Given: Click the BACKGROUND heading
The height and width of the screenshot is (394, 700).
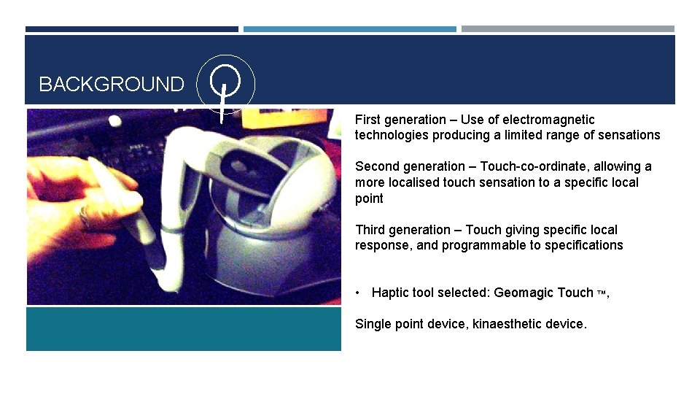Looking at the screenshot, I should click(x=111, y=85).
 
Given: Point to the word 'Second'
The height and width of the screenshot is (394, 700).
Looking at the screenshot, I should click(x=377, y=166).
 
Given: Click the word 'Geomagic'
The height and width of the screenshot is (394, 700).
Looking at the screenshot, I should click(x=524, y=293).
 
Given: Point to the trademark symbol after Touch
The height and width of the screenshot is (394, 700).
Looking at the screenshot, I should click(x=601, y=293).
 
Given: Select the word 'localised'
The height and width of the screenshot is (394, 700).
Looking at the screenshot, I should click(x=411, y=182).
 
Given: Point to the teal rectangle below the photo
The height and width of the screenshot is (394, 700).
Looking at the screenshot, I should click(x=183, y=328).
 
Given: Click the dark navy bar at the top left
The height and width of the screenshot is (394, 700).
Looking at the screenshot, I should click(x=131, y=29).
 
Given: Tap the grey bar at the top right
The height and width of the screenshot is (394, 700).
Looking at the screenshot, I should click(x=567, y=29).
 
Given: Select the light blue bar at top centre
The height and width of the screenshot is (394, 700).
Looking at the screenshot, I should click(x=349, y=29).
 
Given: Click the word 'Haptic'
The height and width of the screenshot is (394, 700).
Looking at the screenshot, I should click(x=392, y=293).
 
